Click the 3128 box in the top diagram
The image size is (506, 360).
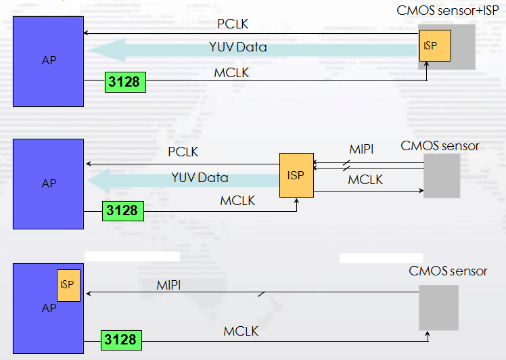point(125,82)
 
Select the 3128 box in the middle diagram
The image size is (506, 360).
point(122,210)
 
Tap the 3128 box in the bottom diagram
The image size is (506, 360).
point(122,339)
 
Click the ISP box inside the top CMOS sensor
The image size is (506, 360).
point(434,46)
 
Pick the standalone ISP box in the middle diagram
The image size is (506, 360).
point(296,175)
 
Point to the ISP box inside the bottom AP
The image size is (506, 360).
point(67,284)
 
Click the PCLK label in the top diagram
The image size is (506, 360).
point(233,24)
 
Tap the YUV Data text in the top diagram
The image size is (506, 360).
point(237,47)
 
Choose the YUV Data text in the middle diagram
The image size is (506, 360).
point(200,177)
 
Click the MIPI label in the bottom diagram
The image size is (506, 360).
point(168,286)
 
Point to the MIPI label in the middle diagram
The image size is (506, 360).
point(361,150)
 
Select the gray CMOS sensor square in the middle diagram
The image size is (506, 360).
point(442,175)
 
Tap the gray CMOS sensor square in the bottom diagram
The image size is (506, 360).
point(438,307)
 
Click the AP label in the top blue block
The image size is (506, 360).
point(48,60)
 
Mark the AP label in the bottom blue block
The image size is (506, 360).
point(49,308)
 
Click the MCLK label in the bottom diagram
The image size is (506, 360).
point(241,331)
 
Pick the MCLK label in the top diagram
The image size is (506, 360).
point(231,72)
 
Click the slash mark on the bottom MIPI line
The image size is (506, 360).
point(260,294)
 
